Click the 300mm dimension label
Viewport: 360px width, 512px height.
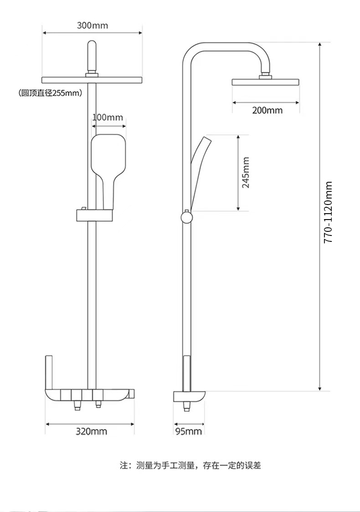point(93,25)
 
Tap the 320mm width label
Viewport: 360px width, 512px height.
point(92,431)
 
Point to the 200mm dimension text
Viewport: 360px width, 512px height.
point(267,110)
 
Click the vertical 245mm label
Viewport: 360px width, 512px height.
point(246,173)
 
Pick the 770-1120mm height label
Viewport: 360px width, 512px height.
point(328,212)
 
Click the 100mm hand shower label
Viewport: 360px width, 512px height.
point(108,117)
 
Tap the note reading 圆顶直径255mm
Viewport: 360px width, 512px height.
point(50,93)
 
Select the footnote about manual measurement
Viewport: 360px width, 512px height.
point(190,465)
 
